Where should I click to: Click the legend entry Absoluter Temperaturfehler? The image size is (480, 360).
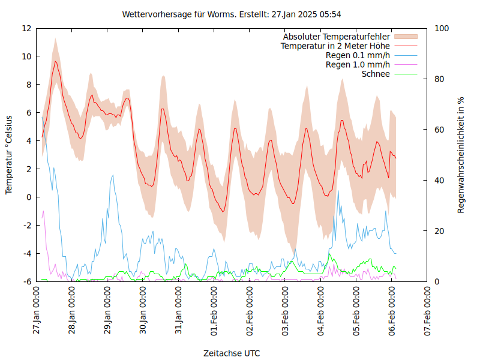[x=337, y=37]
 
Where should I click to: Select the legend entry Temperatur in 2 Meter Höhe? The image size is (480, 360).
[x=335, y=46]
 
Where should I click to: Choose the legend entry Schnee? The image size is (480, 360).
[x=376, y=74]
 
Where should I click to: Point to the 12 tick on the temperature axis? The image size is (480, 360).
[x=26, y=28]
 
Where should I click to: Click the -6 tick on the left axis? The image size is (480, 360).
[x=26, y=281]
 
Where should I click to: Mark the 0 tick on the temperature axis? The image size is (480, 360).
[x=29, y=197]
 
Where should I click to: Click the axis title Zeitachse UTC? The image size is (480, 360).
[x=232, y=353]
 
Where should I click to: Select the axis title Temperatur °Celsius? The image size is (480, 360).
[x=9, y=154]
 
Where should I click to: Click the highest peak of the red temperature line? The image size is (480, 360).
[x=56, y=61]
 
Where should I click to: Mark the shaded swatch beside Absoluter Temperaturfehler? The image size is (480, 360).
[x=405, y=37]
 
